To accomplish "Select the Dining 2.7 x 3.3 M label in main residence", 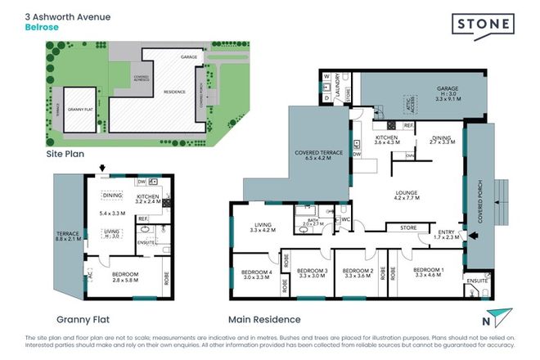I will [441, 139].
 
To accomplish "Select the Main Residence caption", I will [266, 320].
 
